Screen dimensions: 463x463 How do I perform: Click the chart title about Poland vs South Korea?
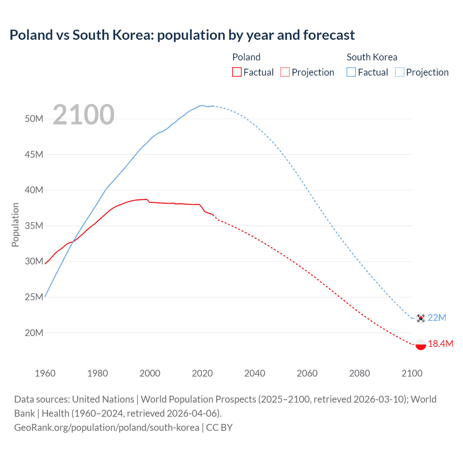[182, 35]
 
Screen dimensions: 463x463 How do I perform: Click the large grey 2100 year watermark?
[84, 115]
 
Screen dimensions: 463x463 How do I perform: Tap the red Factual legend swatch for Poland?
[237, 72]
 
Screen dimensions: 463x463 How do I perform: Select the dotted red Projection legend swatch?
[285, 72]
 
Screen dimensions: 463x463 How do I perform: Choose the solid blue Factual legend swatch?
[351, 72]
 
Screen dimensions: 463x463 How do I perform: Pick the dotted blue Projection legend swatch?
[400, 72]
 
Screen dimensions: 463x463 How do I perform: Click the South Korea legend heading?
[372, 57]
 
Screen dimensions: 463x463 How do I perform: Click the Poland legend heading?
[246, 57]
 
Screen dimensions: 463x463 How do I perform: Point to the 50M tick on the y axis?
[34, 119]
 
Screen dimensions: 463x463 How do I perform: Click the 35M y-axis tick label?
[34, 226]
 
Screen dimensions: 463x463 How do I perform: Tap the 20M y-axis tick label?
[34, 333]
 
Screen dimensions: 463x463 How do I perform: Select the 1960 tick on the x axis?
[45, 373]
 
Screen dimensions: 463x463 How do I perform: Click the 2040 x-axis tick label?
[255, 373]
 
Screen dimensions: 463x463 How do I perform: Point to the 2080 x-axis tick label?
[360, 373]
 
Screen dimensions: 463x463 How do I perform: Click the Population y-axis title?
[15, 225]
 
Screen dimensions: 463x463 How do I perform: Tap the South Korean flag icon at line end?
[420, 318]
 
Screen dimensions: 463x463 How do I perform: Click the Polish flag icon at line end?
[420, 344]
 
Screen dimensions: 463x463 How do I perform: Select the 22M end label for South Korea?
[437, 318]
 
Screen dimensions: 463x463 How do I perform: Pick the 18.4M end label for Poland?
[441, 344]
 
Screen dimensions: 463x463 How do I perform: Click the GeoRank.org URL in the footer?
[107, 428]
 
